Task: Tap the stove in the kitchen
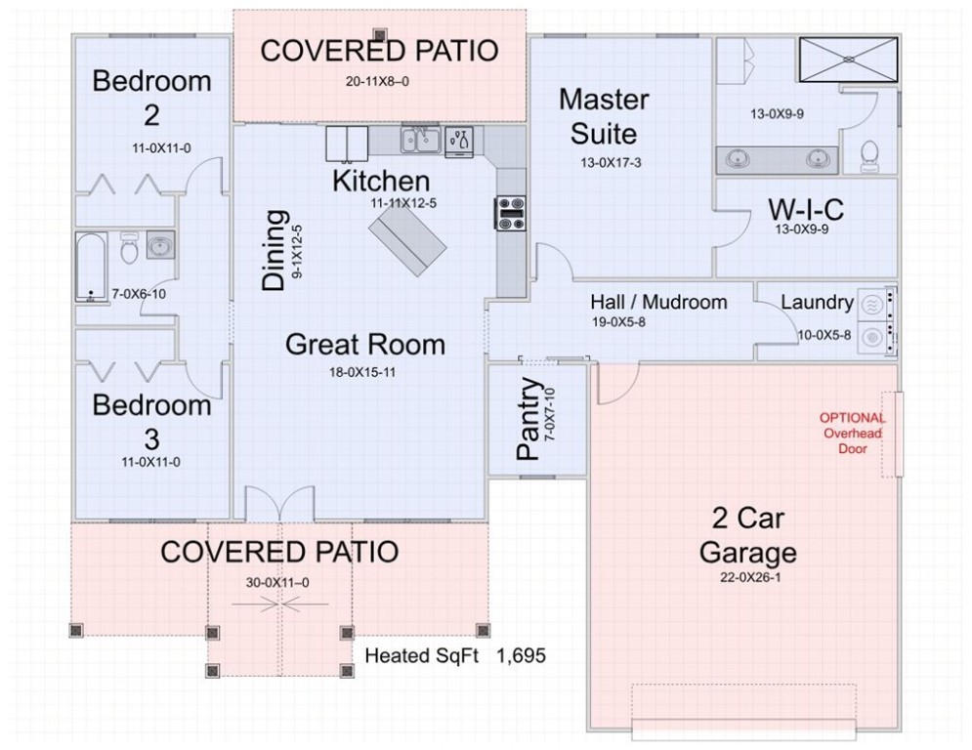coord(510,213)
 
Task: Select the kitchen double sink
coord(420,140)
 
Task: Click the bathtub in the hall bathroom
coord(91,268)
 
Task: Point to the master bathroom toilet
coord(869,156)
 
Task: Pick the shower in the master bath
coord(848,60)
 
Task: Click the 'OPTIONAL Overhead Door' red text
coord(853,434)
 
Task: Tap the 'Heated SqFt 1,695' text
coord(455,655)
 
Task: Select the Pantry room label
coord(528,418)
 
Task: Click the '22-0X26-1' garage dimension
coord(750,578)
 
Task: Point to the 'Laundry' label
coord(817,303)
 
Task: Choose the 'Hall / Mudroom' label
coord(658,302)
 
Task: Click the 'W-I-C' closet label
coord(806,209)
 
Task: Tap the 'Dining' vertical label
coord(274,250)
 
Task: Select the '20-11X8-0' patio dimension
coord(377,81)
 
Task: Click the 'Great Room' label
coord(365,344)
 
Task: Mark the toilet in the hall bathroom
coord(129,248)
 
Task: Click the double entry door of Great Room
coord(279,503)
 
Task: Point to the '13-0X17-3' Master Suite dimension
coord(611,163)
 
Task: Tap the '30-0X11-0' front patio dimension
coord(277,583)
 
